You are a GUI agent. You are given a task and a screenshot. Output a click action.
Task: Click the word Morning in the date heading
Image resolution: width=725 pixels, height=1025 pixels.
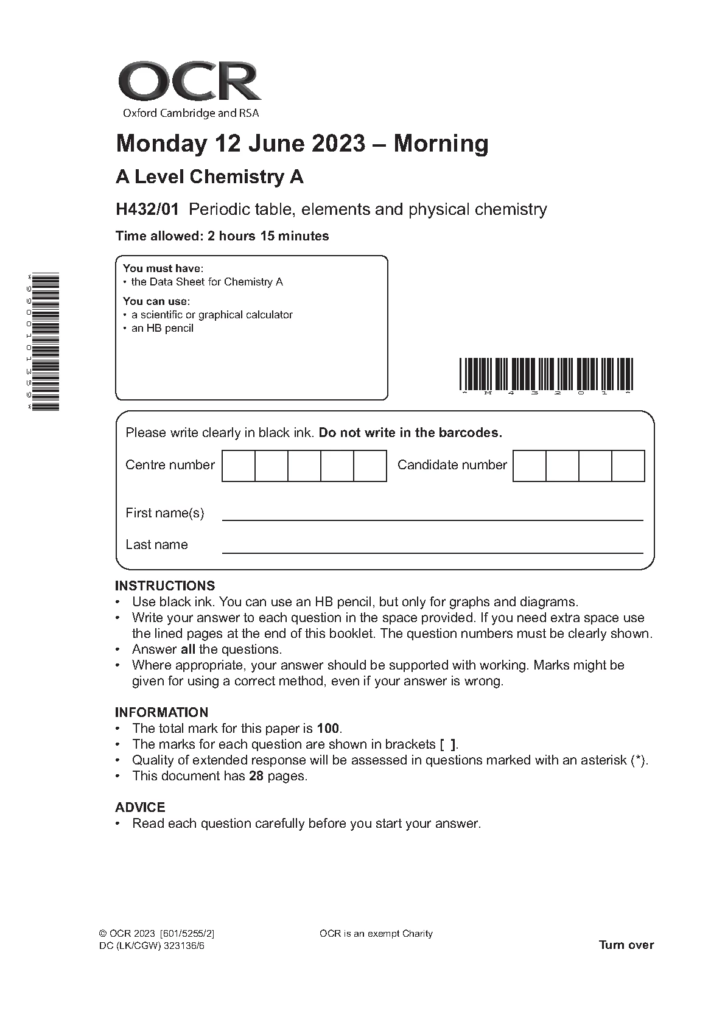(x=441, y=144)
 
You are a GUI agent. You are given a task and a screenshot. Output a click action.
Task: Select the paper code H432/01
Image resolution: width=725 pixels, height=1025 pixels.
(x=147, y=209)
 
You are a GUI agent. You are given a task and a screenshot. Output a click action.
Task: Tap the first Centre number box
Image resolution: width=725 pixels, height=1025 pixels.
(x=238, y=466)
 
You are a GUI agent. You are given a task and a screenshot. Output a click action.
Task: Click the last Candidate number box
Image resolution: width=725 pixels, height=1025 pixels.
(x=628, y=466)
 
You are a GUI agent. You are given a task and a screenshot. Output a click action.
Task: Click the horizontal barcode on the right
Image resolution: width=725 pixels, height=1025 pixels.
(x=546, y=374)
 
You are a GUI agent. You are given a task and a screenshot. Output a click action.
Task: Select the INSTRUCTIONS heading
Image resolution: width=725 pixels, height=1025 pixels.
(x=165, y=586)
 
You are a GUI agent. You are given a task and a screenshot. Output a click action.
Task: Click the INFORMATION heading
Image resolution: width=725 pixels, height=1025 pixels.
(x=161, y=712)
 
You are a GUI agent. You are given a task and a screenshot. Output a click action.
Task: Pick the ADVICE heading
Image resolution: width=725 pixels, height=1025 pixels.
(x=140, y=807)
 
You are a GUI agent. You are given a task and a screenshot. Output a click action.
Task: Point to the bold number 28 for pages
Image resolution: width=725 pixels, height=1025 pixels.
(x=256, y=776)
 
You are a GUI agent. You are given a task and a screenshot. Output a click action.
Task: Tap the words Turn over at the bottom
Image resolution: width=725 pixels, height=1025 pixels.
(x=626, y=945)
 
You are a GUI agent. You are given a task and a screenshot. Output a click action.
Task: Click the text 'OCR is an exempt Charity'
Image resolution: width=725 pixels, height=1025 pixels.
(x=376, y=934)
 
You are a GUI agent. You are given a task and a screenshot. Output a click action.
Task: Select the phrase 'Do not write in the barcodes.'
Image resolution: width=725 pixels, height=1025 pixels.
(x=410, y=433)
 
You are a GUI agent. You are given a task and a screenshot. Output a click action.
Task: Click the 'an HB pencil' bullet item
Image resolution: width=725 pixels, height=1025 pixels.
(x=162, y=328)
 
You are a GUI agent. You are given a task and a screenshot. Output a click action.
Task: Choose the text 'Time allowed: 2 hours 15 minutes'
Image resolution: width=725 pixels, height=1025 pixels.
(x=222, y=236)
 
